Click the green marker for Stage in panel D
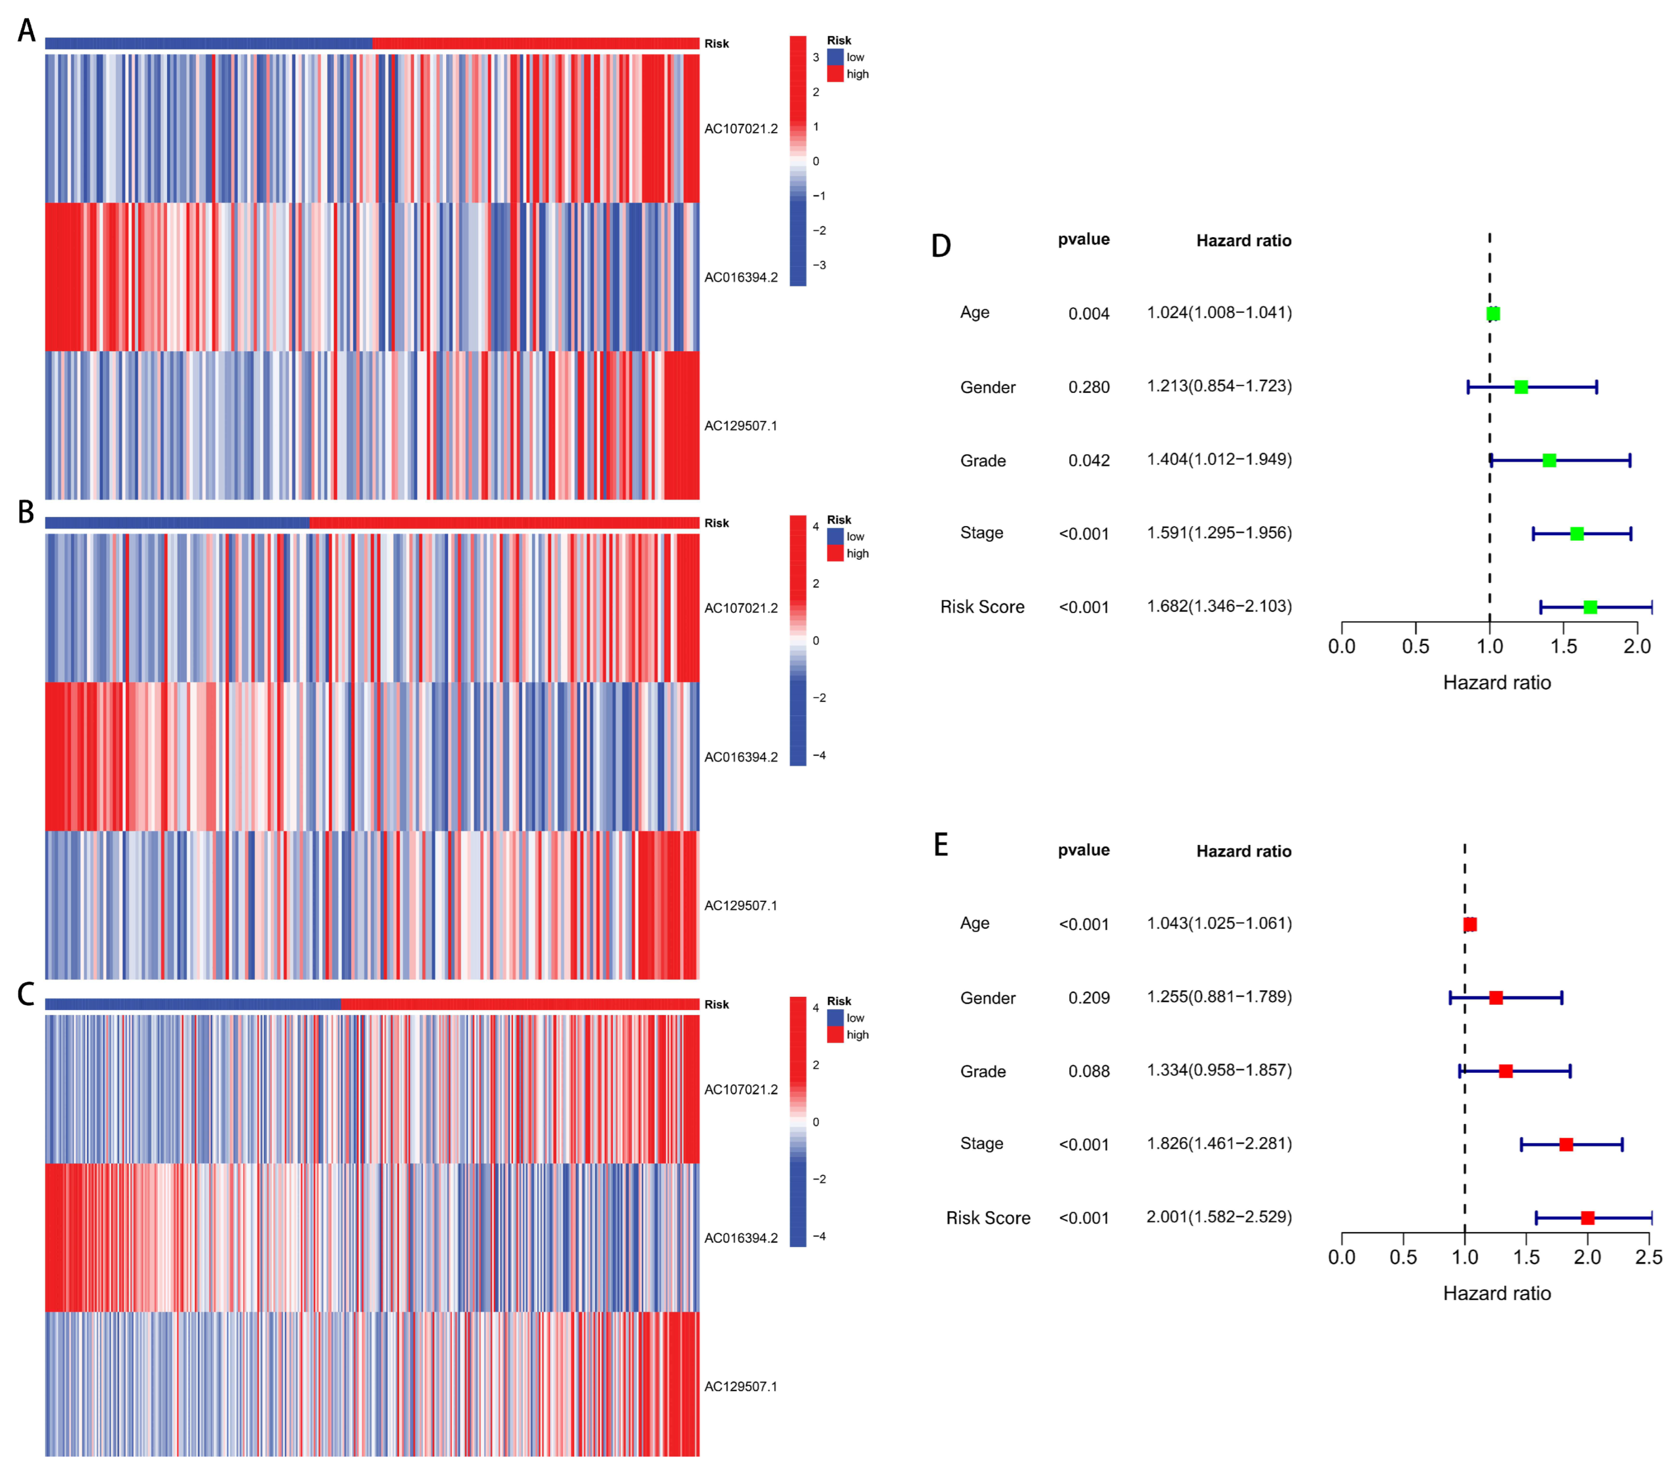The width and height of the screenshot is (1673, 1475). coord(1577,533)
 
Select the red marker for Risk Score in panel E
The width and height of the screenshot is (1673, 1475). coord(1587,1218)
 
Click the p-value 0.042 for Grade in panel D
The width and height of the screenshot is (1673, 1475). coord(1089,461)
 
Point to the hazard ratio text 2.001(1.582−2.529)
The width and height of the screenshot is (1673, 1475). coord(1219,1217)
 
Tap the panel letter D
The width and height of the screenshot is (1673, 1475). coord(941,246)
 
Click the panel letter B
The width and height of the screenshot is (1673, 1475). coord(26,512)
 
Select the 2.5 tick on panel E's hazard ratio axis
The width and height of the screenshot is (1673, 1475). coord(1648,1257)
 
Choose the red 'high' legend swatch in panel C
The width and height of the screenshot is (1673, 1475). coord(835,1035)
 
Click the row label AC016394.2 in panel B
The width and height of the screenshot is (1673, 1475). coord(741,757)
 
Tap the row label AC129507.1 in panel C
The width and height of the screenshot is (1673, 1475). coord(741,1386)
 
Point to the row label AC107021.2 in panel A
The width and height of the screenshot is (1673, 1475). coord(741,129)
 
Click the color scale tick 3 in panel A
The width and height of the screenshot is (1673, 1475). coord(815,57)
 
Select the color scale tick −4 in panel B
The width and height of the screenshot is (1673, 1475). coord(818,755)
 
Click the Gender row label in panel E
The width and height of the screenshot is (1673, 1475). coord(987,998)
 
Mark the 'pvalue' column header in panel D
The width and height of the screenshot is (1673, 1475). coord(1083,239)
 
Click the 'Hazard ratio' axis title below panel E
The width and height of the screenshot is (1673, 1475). coord(1496,1293)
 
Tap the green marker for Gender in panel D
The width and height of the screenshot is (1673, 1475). coord(1521,387)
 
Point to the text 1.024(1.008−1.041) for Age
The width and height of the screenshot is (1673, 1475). coord(1219,313)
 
